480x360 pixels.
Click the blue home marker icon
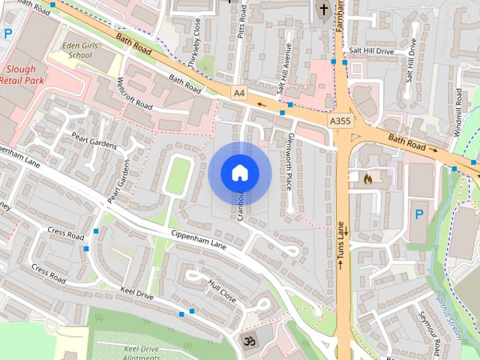click(x=239, y=173)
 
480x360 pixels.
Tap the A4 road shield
click(x=238, y=93)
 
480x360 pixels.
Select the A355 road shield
click(x=339, y=120)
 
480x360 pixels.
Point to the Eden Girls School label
click(x=82, y=50)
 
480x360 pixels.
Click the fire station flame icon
click(x=367, y=179)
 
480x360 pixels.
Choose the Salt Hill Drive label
click(x=371, y=51)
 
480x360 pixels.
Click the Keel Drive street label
click(x=136, y=295)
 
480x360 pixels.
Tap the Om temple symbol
click(x=248, y=339)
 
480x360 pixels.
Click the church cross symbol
click(x=324, y=10)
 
